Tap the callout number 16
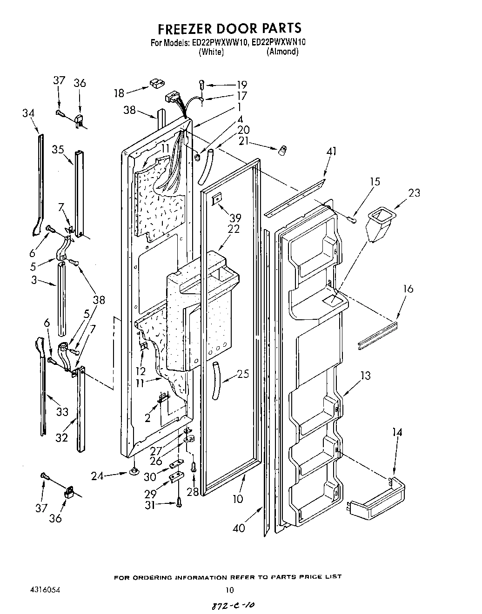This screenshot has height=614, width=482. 408,289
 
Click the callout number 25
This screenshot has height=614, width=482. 243,373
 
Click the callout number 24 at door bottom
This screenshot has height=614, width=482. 109,475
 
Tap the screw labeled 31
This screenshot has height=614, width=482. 179,502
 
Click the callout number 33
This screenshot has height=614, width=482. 62,411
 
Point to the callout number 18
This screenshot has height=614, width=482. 119,93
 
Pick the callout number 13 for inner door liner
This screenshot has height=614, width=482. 366,376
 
